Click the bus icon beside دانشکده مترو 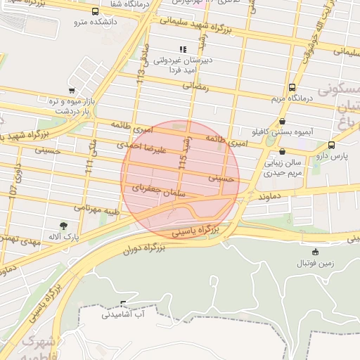coord(95,11)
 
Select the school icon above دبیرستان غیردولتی coord(183,49)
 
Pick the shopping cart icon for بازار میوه coord(72,91)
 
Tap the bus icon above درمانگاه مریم coord(292,87)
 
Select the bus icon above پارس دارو coord(331,145)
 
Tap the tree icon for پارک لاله coord(64,226)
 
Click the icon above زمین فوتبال coord(315,252)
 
